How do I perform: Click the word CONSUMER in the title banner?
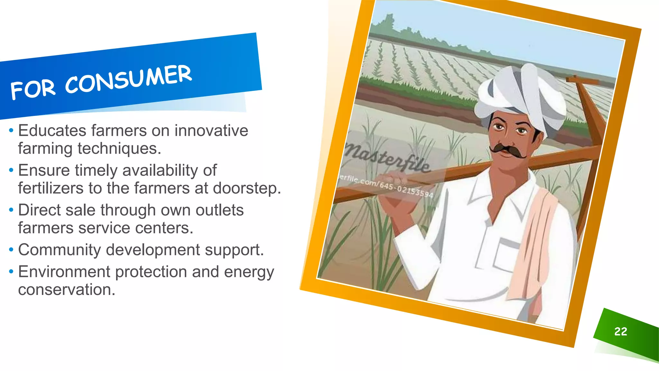coord(129,79)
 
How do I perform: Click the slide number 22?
coord(620,331)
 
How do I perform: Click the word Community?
coord(60,250)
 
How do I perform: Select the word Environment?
coord(64,271)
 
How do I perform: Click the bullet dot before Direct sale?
coord(11,210)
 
